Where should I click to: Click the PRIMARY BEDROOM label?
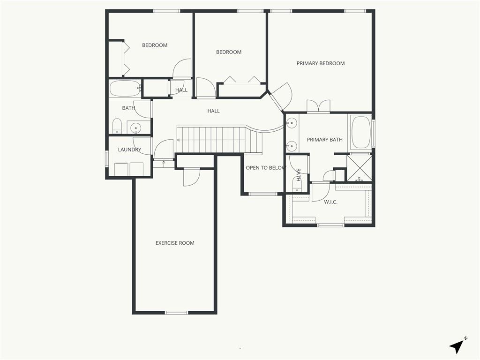point(321,63)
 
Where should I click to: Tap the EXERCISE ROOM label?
point(175,243)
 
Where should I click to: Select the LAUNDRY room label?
point(129,150)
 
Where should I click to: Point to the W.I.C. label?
point(330,202)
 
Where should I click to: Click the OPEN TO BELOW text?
point(266,168)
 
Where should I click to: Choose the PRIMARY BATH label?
point(324,140)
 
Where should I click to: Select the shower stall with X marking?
point(360,168)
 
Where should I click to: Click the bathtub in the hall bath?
point(125,89)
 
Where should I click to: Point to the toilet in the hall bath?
point(117,126)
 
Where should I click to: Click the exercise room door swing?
point(192,178)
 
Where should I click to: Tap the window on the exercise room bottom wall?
point(176,313)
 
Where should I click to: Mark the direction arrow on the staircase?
point(211,140)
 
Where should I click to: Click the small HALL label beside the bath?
point(181,90)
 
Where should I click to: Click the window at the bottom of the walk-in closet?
point(330,225)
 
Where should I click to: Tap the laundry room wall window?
point(107,158)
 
